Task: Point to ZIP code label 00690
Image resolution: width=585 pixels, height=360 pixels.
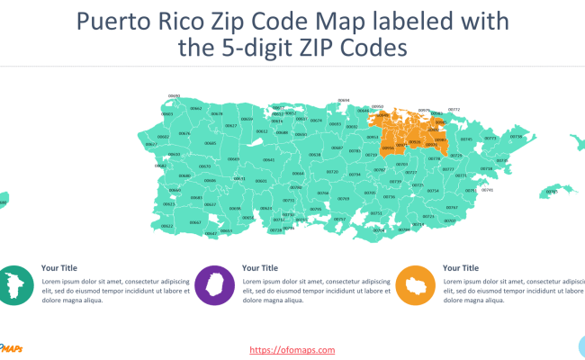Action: (x=174, y=96)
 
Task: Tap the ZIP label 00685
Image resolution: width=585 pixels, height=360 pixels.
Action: (x=210, y=142)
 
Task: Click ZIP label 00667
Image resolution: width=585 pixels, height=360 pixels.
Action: (x=196, y=221)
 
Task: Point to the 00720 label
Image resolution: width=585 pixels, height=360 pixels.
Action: (x=332, y=171)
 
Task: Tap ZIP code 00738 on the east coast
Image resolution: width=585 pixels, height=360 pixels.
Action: (x=516, y=137)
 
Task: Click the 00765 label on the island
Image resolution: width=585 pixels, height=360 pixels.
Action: (x=552, y=191)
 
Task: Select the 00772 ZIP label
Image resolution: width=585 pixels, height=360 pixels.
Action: (x=454, y=110)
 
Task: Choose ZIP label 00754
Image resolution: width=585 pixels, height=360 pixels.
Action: (x=433, y=191)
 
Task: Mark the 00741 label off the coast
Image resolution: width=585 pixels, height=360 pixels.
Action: (x=488, y=190)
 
